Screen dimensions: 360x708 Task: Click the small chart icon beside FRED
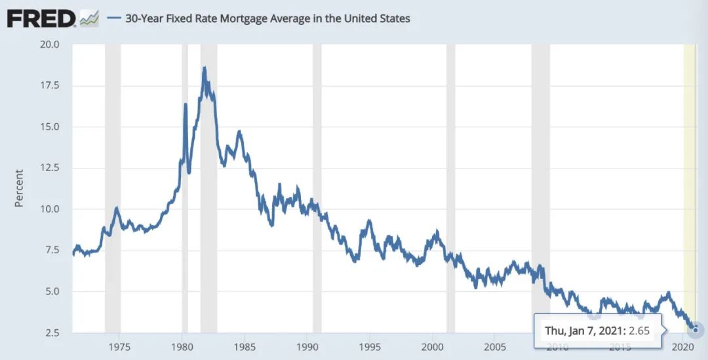pos(88,19)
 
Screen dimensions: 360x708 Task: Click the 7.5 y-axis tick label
pos(52,250)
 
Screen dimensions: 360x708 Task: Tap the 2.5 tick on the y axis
pos(52,332)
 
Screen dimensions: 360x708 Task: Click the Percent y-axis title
pos(19,188)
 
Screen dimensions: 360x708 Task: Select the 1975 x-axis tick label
pos(119,346)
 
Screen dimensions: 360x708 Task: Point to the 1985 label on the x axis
pos(245,346)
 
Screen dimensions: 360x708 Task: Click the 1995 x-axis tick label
pos(370,346)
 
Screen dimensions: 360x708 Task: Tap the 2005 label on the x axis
pos(495,346)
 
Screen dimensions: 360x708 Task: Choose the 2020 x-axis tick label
pos(683,346)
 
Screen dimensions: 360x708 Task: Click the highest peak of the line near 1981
pos(205,68)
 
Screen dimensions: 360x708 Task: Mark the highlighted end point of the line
pos(696,330)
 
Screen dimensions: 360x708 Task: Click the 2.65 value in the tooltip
pos(639,330)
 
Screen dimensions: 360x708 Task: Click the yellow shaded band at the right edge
pos(690,164)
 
